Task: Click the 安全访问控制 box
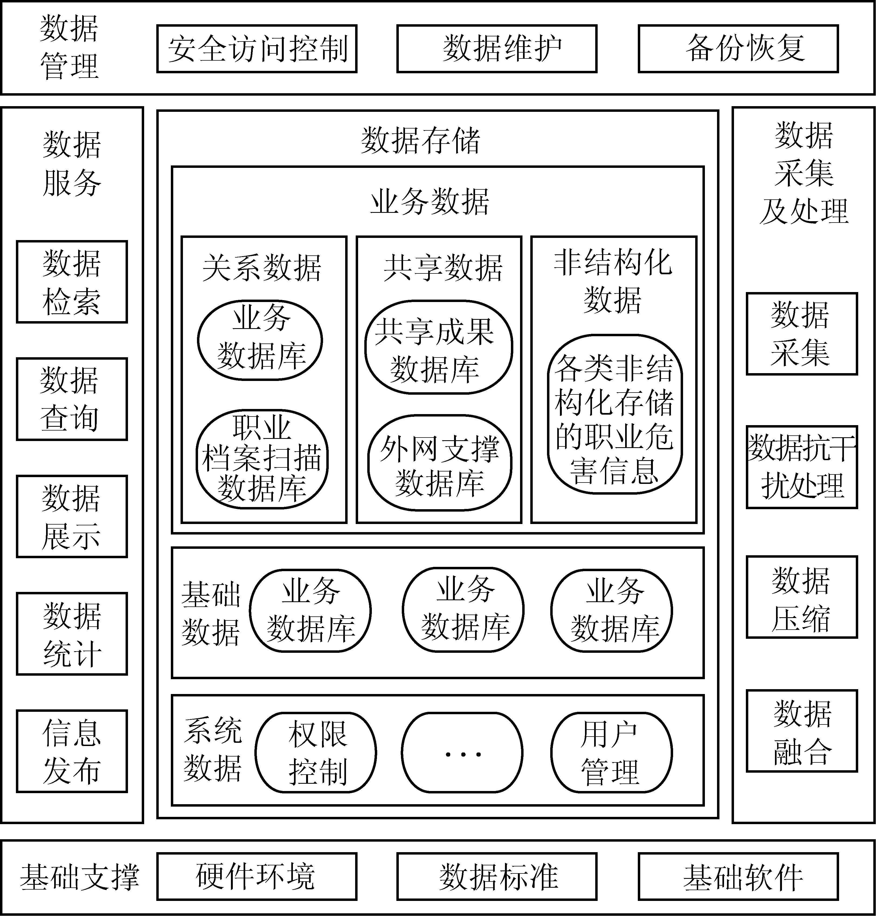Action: [x=257, y=48]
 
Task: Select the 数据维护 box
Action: [x=497, y=48]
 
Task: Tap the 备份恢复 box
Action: [x=738, y=48]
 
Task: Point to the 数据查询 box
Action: [x=72, y=399]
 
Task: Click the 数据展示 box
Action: [x=72, y=516]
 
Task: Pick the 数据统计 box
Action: [x=72, y=634]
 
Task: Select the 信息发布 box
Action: [x=72, y=751]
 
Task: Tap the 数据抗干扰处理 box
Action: [x=802, y=467]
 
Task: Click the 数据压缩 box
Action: [x=802, y=597]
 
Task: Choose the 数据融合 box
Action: [x=802, y=731]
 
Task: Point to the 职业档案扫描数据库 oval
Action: [x=262, y=459]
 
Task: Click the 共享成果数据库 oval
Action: [x=438, y=347]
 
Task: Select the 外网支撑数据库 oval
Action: [x=439, y=463]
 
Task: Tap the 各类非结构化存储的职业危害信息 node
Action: [x=615, y=414]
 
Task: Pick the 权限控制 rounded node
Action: [x=316, y=752]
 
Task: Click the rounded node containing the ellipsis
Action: [x=462, y=752]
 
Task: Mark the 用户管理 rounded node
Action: [x=611, y=752]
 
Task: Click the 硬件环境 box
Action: [x=257, y=876]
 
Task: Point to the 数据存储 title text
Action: [x=420, y=140]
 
